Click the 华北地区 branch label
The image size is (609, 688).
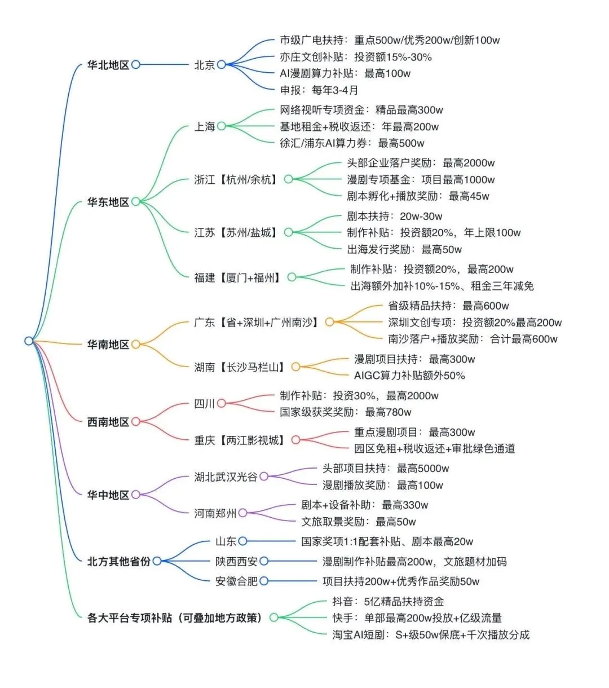point(108,65)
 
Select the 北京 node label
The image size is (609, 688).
point(205,65)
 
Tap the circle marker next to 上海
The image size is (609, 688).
point(221,126)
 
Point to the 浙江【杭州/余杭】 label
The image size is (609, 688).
point(236,180)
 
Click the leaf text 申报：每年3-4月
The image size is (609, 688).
point(319,90)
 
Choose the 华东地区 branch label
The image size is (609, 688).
point(108,202)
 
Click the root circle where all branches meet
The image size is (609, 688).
point(29,341)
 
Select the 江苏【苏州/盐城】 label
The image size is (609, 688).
point(236,232)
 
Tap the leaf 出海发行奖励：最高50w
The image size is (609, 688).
point(404,249)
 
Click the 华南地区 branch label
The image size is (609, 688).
point(108,345)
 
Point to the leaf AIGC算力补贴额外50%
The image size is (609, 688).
point(409,376)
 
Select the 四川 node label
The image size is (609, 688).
point(205,404)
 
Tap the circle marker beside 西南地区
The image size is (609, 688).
point(136,422)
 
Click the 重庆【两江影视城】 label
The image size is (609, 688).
point(240,440)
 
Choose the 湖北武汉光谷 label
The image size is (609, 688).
point(226,477)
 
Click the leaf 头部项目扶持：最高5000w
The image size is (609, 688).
point(386,469)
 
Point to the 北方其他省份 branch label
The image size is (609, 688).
point(119,562)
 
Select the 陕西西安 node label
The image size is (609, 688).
point(236,562)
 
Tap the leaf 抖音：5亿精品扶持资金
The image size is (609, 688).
point(388,601)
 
